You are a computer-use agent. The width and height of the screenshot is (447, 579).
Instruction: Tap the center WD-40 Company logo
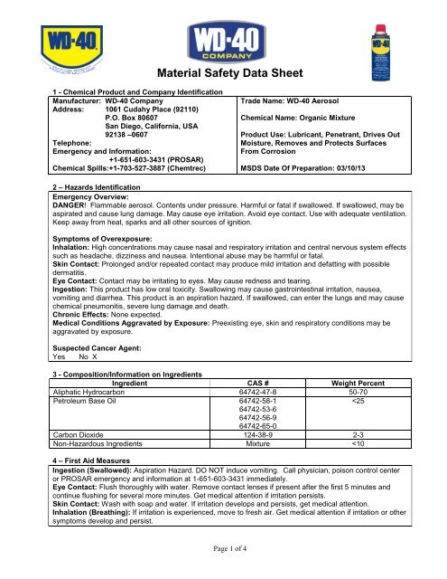223,42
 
